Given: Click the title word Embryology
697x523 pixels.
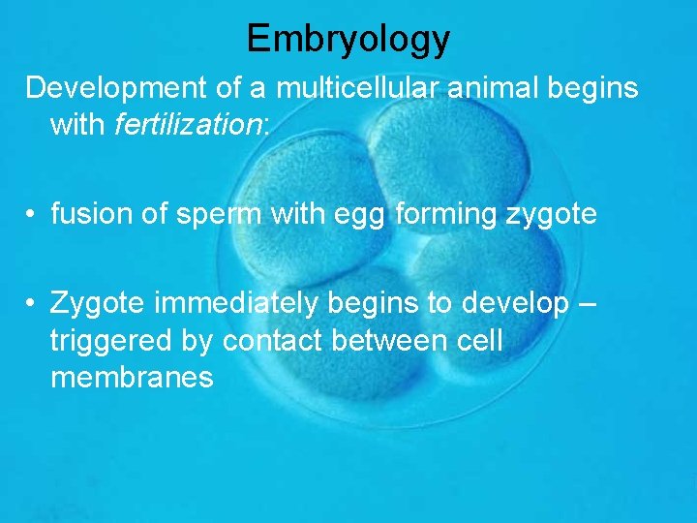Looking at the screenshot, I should [348, 38].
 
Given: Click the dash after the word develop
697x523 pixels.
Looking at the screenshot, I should [588, 303].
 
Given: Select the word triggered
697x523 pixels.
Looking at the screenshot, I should [114, 341].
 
